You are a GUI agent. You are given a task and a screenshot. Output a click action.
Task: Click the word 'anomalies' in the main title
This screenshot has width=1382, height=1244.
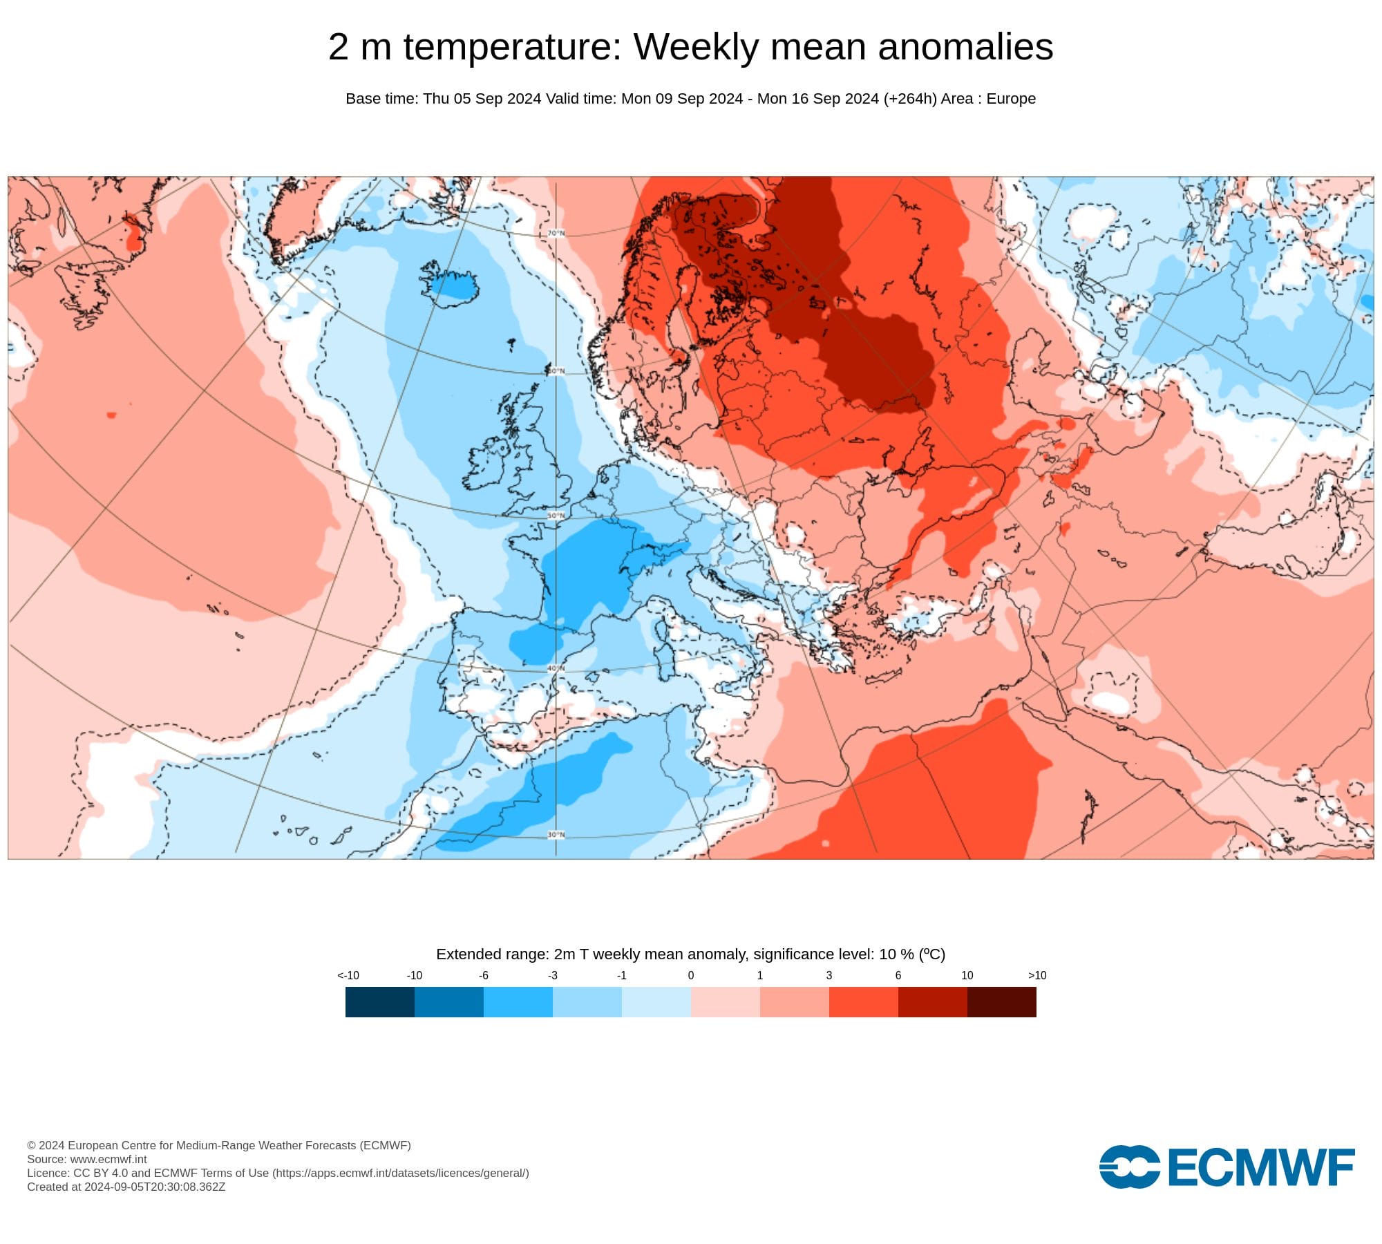click(965, 47)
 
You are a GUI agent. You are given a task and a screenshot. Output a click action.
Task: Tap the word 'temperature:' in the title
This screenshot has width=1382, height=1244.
click(513, 47)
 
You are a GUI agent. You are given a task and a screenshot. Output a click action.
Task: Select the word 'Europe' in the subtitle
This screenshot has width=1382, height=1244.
click(1011, 99)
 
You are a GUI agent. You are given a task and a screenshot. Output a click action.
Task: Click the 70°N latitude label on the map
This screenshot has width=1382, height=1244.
click(556, 234)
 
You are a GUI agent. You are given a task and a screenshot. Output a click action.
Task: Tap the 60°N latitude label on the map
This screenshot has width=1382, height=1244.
click(556, 371)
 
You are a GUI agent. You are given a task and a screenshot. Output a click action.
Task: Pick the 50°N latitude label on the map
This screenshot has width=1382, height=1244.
click(556, 516)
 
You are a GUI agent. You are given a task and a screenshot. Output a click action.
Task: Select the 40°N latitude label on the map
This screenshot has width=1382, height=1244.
click(556, 669)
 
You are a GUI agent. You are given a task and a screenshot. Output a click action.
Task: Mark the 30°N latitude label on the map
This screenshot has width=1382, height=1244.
click(556, 835)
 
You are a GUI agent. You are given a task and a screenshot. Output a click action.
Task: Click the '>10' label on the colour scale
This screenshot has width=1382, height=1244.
click(1037, 975)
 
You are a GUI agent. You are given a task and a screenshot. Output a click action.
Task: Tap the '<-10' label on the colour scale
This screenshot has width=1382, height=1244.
click(348, 975)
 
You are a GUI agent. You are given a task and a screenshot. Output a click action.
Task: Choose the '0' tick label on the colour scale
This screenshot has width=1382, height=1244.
click(691, 975)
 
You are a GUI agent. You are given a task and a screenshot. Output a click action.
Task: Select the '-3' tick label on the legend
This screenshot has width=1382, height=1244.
click(553, 975)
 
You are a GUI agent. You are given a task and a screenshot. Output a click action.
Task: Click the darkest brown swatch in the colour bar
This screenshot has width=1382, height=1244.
click(1002, 1001)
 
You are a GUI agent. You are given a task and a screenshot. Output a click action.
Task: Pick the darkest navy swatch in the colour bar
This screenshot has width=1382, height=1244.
click(380, 1001)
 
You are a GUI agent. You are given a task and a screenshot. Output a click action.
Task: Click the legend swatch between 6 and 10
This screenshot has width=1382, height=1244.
click(933, 1001)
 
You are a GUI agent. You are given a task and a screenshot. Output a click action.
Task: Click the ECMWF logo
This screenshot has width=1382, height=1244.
click(1227, 1167)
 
